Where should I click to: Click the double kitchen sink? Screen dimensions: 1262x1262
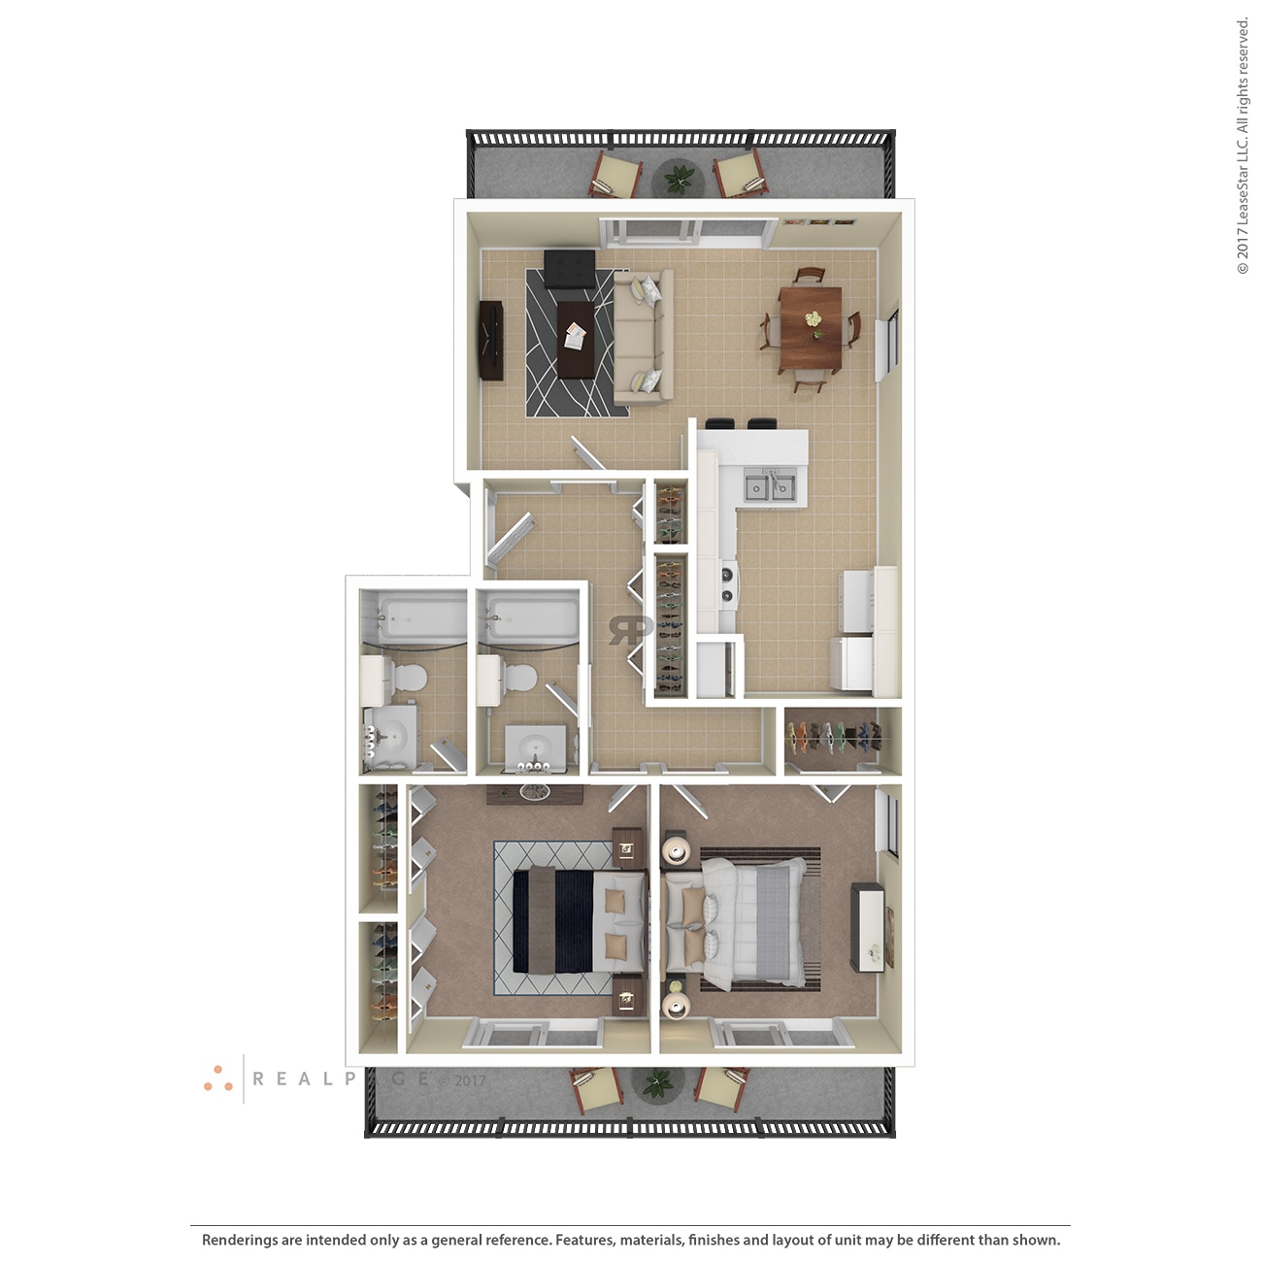point(771,485)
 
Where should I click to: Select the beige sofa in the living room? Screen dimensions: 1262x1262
point(643,336)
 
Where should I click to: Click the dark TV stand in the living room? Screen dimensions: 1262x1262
point(490,341)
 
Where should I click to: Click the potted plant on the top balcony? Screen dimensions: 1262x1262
point(679,179)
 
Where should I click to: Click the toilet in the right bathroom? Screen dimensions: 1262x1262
point(520,677)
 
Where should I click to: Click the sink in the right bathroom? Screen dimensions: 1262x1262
point(534,747)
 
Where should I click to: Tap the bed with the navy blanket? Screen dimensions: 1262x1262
point(579,920)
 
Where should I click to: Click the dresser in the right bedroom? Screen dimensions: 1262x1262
point(868,927)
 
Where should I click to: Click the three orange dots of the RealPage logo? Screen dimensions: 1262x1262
point(217,1079)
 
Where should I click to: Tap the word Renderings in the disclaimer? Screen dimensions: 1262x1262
point(239,1240)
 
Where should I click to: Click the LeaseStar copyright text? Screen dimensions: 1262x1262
point(1243,146)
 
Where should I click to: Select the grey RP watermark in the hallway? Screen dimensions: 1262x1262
point(630,629)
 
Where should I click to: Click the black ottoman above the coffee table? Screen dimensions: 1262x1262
point(570,269)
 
